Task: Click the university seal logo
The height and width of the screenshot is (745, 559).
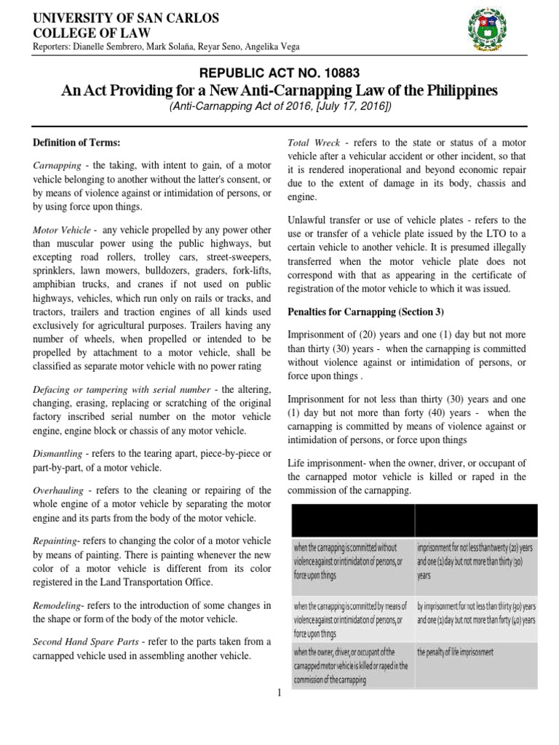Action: coord(489,32)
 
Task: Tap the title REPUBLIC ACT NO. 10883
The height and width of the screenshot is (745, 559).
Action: coord(279,73)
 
